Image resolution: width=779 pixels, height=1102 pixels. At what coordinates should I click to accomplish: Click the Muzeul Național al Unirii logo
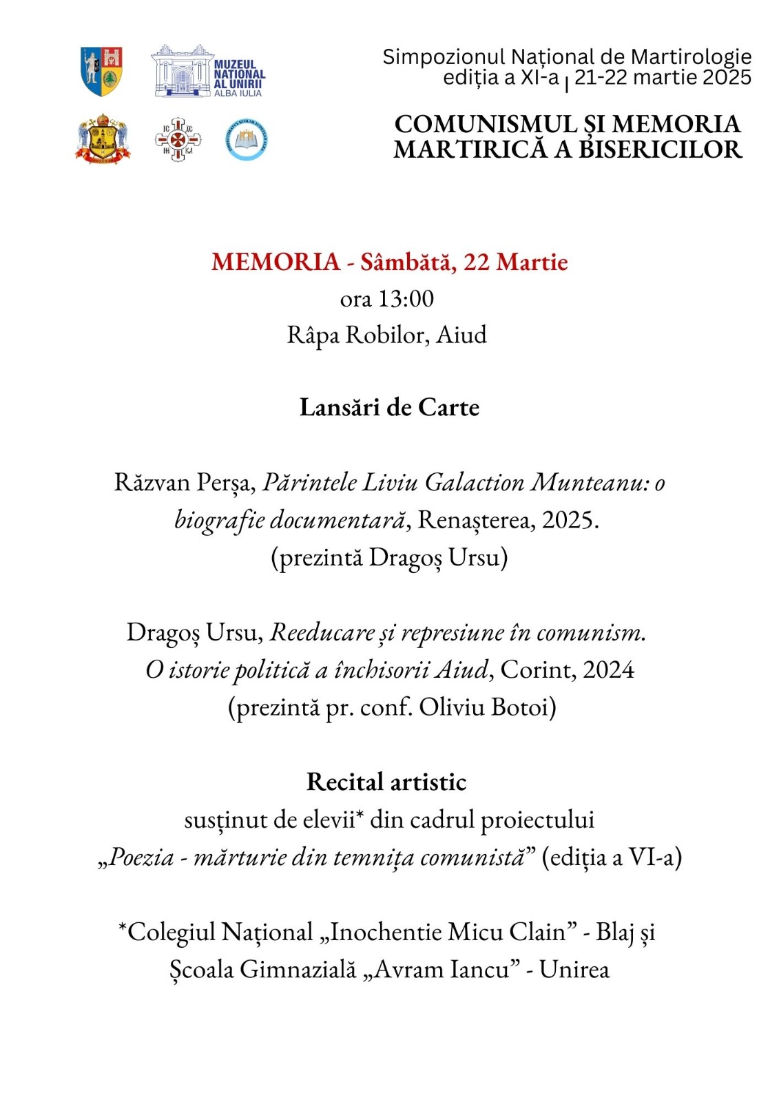click(207, 72)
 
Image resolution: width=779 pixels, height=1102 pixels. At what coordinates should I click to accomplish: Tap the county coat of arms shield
click(102, 71)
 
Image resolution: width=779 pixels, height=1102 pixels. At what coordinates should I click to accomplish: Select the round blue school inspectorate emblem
click(246, 140)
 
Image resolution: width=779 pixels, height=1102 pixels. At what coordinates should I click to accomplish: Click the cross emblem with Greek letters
click(178, 140)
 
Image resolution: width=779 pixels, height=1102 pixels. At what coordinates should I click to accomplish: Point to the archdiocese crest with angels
click(103, 139)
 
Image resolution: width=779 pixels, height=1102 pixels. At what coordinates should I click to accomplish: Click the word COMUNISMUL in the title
click(486, 125)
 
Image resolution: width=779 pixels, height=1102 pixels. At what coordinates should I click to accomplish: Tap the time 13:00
click(406, 299)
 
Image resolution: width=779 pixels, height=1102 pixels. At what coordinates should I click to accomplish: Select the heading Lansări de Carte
click(389, 407)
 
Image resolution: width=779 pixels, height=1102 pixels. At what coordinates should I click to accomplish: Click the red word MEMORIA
click(276, 262)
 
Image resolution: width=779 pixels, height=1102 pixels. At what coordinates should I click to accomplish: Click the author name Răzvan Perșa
click(185, 482)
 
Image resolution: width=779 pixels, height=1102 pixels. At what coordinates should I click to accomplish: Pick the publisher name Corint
click(528, 669)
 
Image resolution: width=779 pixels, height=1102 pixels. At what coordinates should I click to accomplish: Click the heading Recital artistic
click(386, 782)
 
